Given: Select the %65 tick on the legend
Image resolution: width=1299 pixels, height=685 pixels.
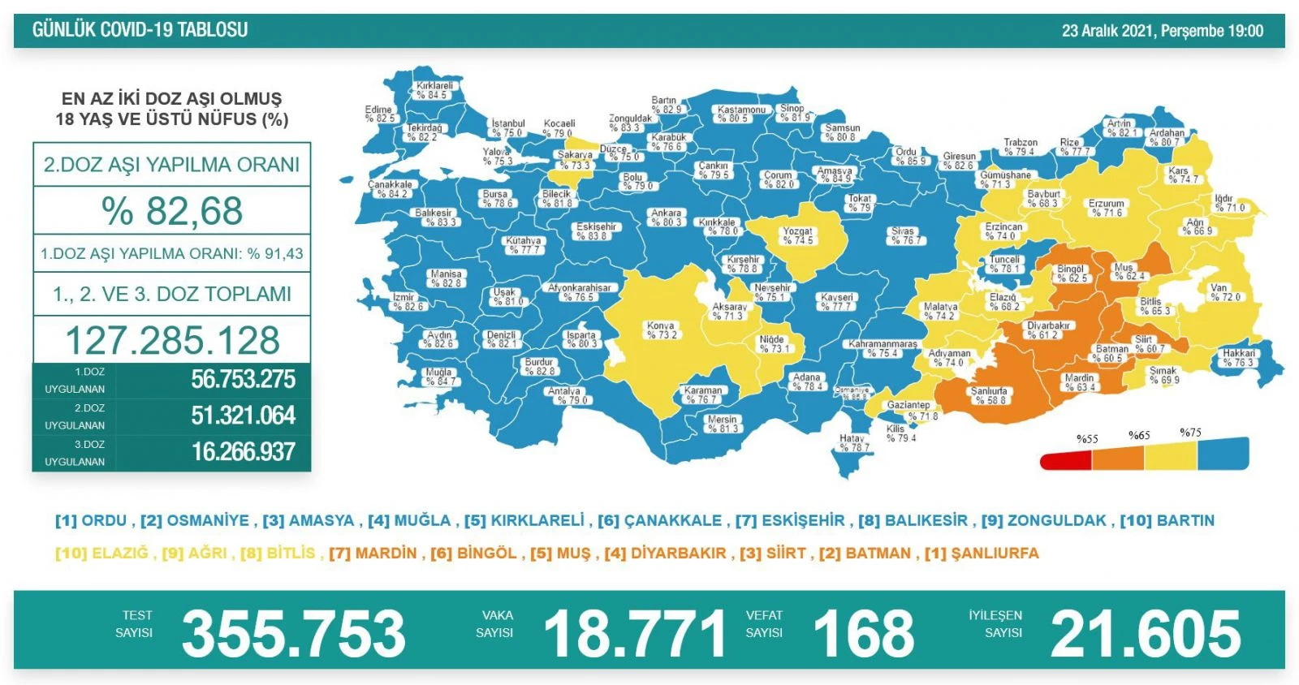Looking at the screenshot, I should [1139, 436].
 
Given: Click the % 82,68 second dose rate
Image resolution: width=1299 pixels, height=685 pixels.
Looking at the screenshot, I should [172, 211].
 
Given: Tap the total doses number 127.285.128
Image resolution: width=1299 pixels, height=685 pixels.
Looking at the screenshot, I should [172, 340].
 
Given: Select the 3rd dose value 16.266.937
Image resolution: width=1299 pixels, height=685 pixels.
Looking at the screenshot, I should [243, 452].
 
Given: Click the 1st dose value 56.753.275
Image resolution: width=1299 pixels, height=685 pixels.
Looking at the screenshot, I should [243, 380].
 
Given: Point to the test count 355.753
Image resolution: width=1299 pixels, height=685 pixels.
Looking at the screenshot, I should [293, 634].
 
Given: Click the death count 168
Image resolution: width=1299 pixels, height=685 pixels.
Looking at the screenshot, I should [863, 634].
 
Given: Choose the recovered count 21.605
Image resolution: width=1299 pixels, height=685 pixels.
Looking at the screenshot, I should [1145, 634].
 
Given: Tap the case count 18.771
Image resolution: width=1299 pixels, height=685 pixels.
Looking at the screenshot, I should [635, 634].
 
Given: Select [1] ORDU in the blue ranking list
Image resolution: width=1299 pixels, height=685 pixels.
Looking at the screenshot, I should [91, 521].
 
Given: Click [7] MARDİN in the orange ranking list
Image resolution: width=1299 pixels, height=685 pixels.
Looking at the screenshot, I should [373, 554].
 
